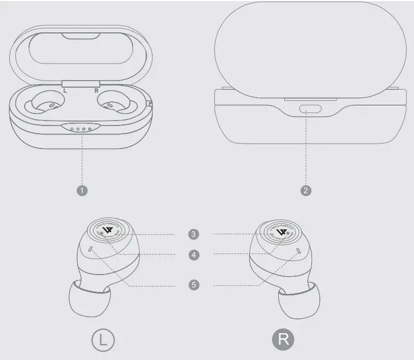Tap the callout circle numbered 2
[x=307, y=190]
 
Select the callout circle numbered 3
[x=193, y=234]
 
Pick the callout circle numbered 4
[x=193, y=255]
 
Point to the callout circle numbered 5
[x=193, y=285]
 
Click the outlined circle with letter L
[x=103, y=339]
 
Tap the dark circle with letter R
[x=283, y=339]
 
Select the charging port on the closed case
[x=311, y=108]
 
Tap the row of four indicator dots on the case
[x=81, y=129]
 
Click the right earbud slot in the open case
[x=114, y=104]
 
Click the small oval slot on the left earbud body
[x=90, y=250]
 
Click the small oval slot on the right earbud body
[x=298, y=250]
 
